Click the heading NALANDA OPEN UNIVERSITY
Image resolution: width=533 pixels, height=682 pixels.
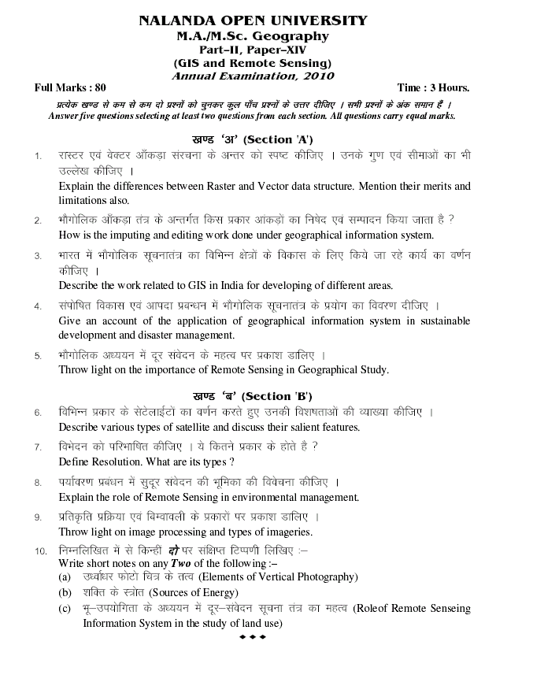(x=253, y=21)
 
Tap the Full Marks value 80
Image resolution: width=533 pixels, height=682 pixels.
(x=99, y=88)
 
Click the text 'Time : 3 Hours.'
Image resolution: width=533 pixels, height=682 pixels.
(x=433, y=88)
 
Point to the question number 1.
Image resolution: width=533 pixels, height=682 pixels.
(x=37, y=156)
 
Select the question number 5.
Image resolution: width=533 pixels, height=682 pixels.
(x=37, y=356)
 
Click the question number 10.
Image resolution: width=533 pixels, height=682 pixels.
(x=40, y=550)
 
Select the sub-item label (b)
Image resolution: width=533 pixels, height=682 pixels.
(x=65, y=592)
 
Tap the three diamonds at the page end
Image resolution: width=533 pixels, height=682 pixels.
(x=252, y=636)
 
